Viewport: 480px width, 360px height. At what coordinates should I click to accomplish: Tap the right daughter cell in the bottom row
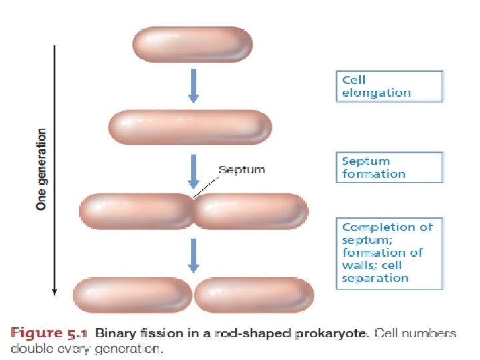point(254,295)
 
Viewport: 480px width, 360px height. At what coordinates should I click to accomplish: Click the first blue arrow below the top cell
point(193,85)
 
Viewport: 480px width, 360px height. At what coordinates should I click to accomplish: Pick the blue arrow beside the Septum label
point(193,170)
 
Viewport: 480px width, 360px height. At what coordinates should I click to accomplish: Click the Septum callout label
point(242,170)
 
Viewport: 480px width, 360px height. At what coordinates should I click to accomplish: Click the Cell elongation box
point(389,87)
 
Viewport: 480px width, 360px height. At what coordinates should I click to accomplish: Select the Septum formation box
point(389,167)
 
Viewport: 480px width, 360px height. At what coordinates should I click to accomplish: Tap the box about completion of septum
point(389,252)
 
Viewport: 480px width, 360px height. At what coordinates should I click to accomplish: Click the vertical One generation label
point(41,169)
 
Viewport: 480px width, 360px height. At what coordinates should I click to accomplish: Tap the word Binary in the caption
point(113,333)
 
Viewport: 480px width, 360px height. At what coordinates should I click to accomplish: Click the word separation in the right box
point(375,278)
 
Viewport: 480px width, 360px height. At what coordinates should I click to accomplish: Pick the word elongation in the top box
point(377,93)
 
